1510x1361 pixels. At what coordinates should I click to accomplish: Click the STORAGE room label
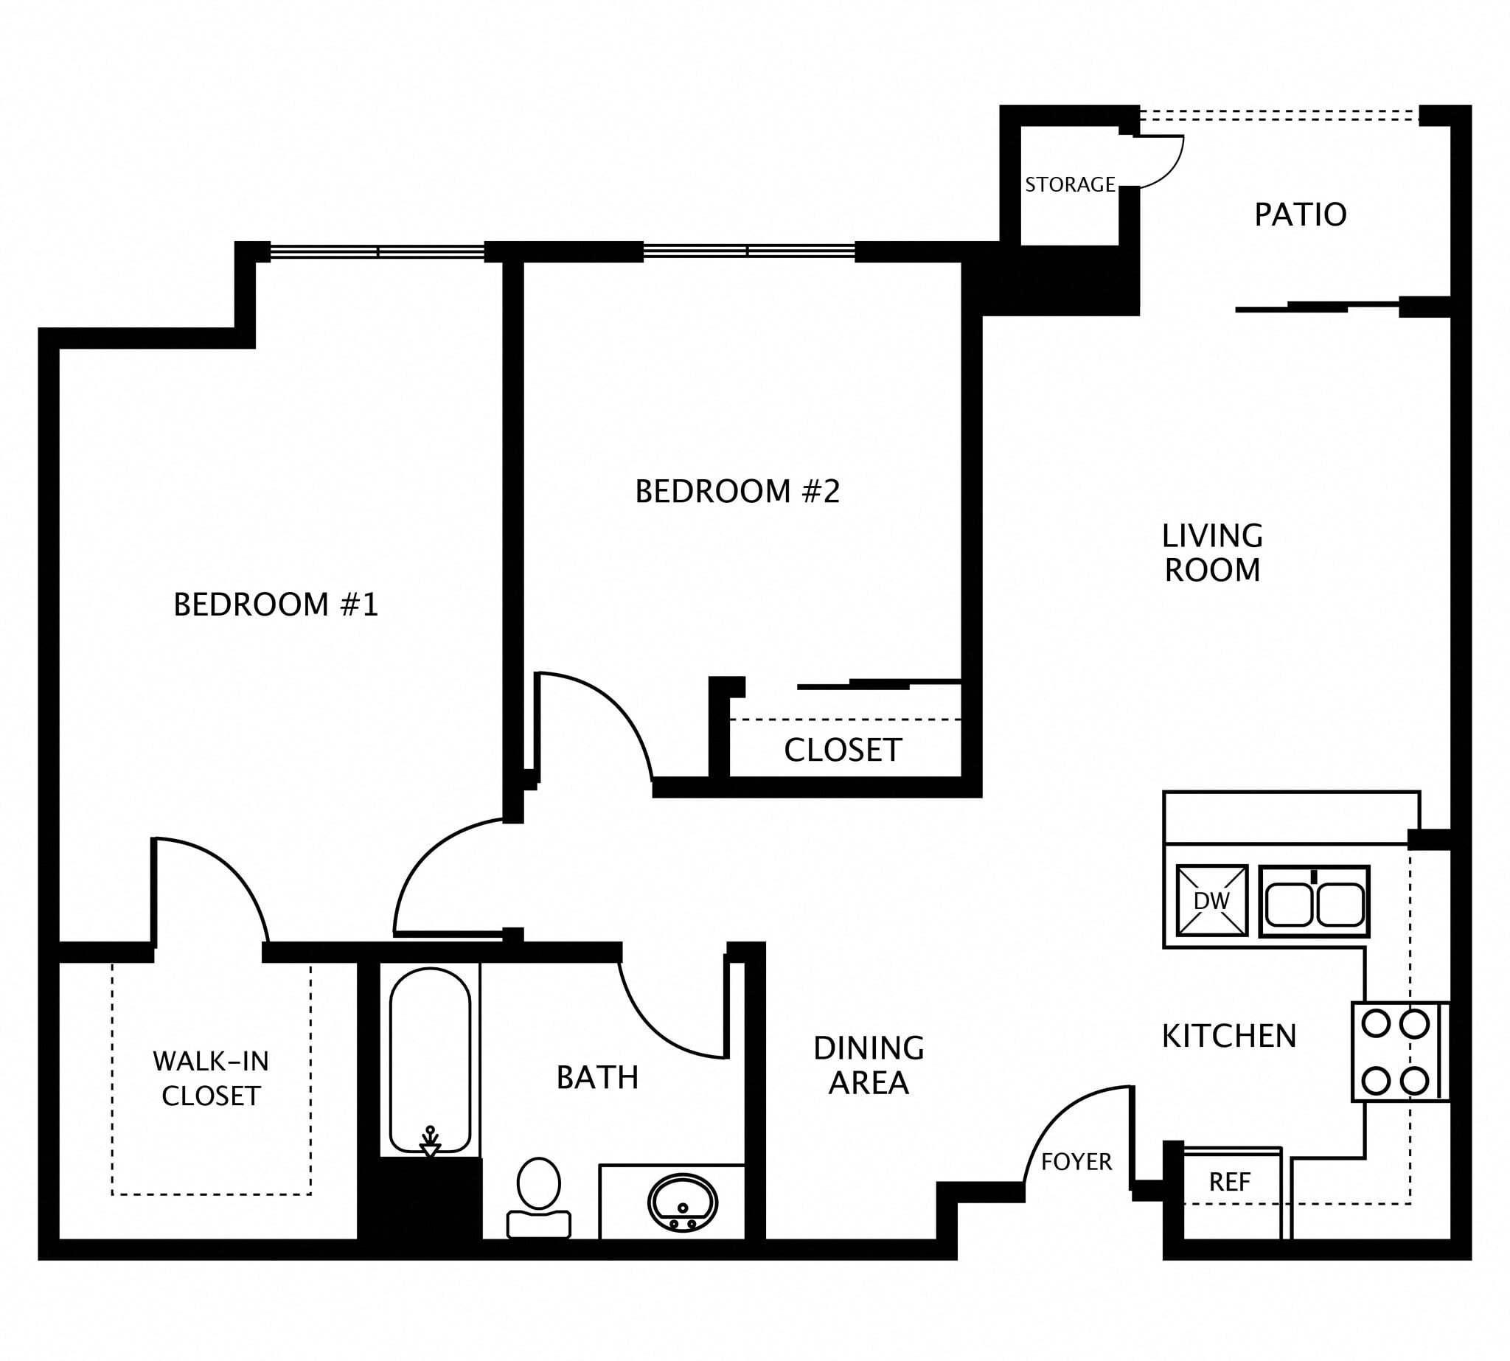1070,185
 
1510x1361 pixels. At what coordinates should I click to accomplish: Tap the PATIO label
1300,215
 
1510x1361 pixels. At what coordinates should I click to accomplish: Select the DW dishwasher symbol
1211,901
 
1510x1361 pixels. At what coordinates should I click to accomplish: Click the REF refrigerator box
1230,1182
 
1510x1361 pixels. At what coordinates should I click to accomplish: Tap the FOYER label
1076,1161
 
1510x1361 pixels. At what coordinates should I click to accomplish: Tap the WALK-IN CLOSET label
211,1079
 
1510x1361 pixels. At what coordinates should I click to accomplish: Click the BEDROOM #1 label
276,605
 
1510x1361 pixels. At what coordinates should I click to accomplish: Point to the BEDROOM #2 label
737,491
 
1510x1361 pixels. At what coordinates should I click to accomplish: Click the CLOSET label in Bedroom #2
843,750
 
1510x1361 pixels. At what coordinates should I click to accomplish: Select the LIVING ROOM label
1211,554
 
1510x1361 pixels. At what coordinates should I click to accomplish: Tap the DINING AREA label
869,1065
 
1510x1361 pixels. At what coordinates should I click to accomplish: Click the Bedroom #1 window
377,252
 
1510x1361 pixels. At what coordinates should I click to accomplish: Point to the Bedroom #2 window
748,252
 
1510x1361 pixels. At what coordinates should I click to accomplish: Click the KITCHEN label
1229,1037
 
